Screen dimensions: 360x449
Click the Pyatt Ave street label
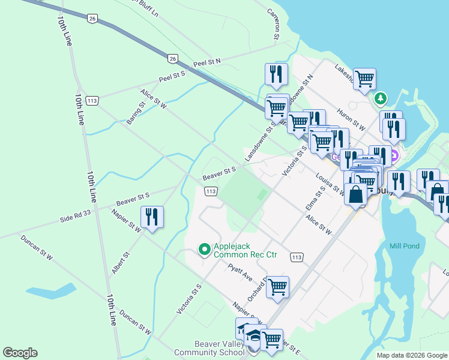click(x=240, y=271)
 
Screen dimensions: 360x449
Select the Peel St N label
click(x=206, y=63)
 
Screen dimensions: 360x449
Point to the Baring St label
click(x=136, y=113)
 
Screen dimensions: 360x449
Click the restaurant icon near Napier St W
click(x=151, y=217)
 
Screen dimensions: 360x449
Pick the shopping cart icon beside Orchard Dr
click(x=277, y=287)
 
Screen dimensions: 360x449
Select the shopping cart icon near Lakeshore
click(x=364, y=79)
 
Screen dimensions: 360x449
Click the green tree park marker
click(x=380, y=98)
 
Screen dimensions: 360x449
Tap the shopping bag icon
click(x=356, y=195)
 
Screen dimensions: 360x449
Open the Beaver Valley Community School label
click(x=209, y=348)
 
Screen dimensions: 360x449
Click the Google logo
click(x=20, y=353)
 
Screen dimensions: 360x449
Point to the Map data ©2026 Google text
click(x=412, y=355)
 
